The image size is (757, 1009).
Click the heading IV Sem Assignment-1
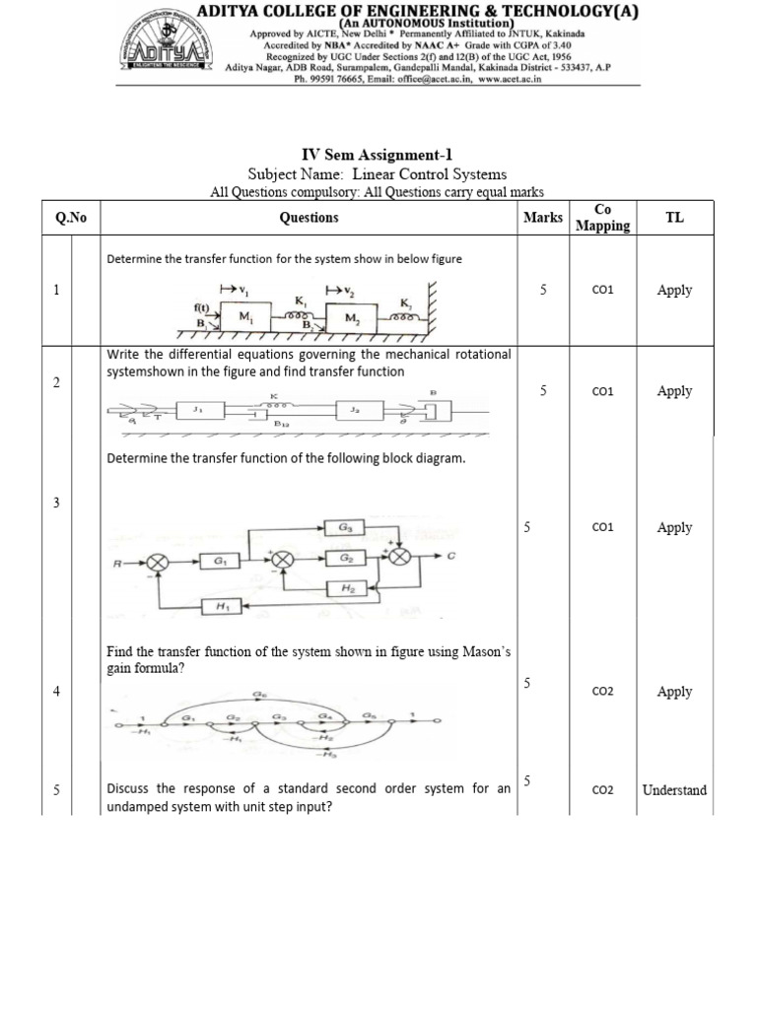tap(377, 155)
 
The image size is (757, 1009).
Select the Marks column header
tap(543, 218)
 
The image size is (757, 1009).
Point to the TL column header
tap(674, 218)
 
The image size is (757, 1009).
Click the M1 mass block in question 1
tap(241, 318)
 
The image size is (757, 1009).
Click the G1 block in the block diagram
tap(212, 562)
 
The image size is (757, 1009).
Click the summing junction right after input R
tap(158, 562)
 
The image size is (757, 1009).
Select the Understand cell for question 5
tap(674, 790)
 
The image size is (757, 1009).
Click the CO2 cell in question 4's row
tap(602, 692)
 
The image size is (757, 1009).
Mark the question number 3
tap(57, 503)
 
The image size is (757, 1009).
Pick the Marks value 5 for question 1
tap(543, 290)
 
